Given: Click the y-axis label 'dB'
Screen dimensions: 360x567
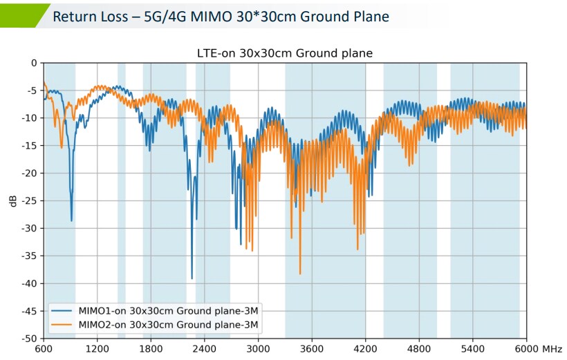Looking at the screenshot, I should [x=13, y=201].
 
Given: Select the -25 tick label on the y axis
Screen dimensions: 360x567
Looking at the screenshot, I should [x=28, y=200].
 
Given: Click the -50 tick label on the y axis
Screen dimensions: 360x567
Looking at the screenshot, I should [x=28, y=339].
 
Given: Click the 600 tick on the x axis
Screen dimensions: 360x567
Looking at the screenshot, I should [x=44, y=349].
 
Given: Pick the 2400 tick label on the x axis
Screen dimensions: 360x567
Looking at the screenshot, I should [x=205, y=349].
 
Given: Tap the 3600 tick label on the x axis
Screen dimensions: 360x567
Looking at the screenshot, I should [x=312, y=349].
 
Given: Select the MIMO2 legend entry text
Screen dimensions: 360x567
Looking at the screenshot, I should [x=169, y=324].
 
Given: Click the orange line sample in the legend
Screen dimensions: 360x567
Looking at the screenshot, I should [x=63, y=324].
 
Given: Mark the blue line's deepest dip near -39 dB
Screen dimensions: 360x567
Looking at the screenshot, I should [x=192, y=278].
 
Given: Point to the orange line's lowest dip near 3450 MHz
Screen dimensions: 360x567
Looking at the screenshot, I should [x=300, y=274].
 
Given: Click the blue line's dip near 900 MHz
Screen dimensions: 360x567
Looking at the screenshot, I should [x=71, y=220].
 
